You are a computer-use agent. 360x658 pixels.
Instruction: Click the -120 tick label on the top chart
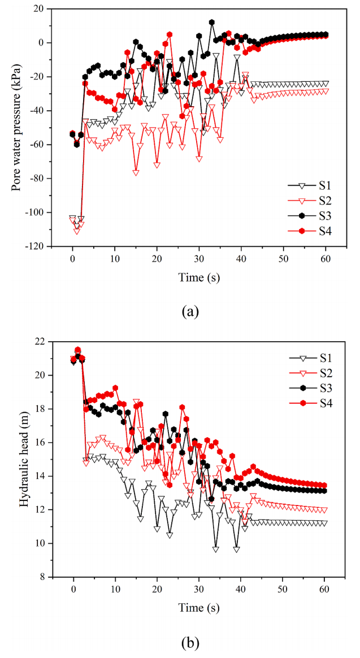[38, 246]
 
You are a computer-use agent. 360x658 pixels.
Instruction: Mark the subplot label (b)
[190, 642]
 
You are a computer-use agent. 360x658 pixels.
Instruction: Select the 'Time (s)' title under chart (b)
[190, 608]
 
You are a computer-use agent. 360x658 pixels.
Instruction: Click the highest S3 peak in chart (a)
[212, 22]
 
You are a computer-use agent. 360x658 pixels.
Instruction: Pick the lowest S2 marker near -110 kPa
[77, 230]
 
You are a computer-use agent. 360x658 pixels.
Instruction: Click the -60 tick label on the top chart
[40, 145]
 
